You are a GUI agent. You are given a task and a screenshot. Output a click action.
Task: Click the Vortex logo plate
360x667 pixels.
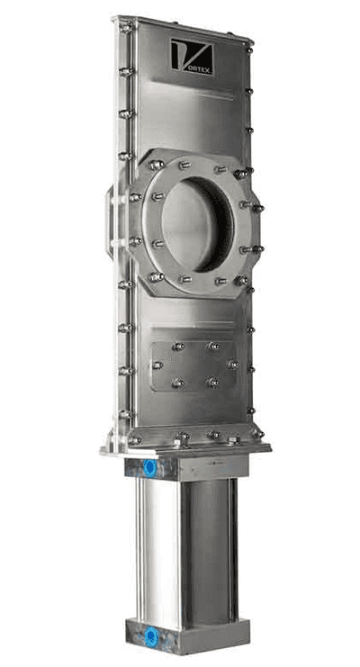[x=192, y=57]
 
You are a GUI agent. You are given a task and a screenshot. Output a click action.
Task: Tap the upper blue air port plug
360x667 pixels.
[x=149, y=467]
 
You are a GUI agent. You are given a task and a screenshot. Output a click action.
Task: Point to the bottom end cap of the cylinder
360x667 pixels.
[x=188, y=636]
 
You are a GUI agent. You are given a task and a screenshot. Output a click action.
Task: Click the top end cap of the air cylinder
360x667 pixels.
[x=187, y=467]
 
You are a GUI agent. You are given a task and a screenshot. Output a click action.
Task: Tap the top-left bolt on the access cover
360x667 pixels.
[x=178, y=347]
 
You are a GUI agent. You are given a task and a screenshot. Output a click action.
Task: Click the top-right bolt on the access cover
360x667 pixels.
[x=213, y=346]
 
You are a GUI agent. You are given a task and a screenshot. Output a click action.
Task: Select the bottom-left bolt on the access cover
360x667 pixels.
[x=177, y=383]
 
